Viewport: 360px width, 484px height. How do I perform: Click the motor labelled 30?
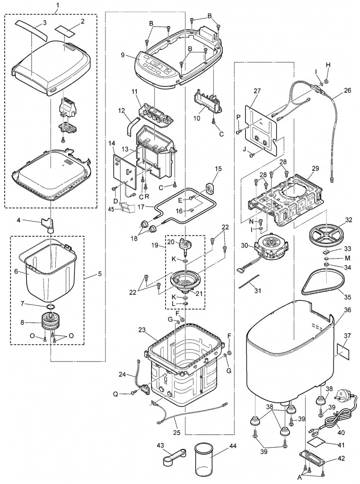[x=271, y=248]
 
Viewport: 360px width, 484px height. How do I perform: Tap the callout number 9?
[x=122, y=55]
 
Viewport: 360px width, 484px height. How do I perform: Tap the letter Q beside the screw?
[x=128, y=393]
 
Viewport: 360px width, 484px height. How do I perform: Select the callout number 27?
[x=257, y=91]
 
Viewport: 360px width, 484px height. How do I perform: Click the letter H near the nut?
[x=327, y=65]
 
